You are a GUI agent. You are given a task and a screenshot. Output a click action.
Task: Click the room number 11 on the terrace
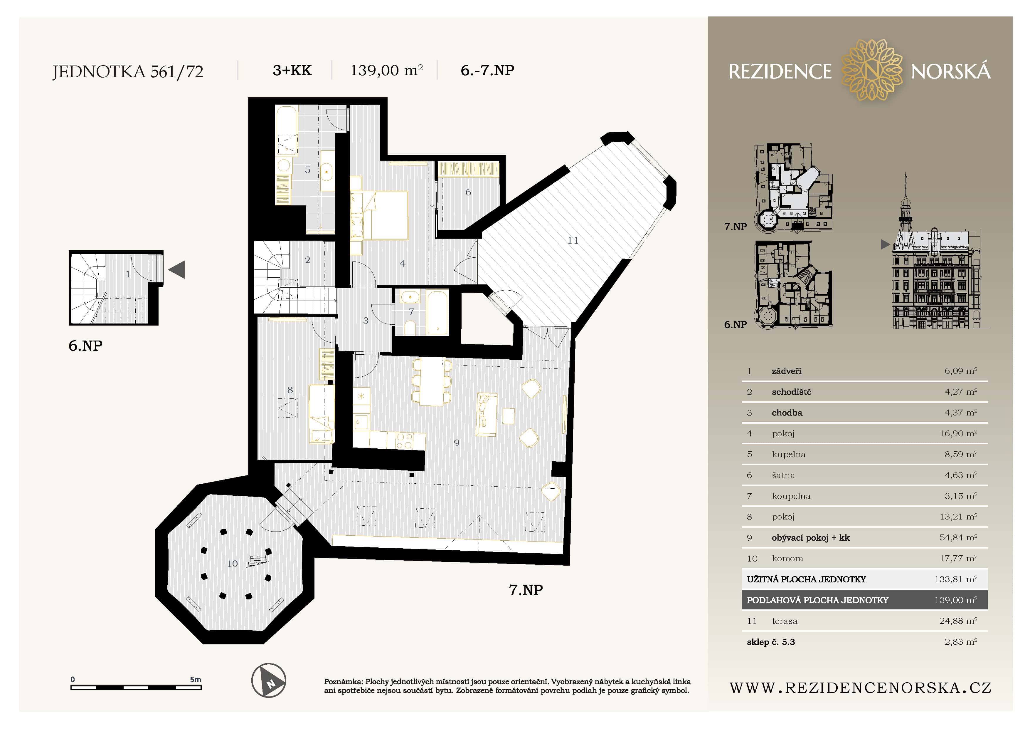pyautogui.click(x=573, y=241)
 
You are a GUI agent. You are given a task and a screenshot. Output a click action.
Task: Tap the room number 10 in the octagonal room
pyautogui.click(x=232, y=564)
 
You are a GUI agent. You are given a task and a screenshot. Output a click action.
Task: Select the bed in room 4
pyautogui.click(x=379, y=215)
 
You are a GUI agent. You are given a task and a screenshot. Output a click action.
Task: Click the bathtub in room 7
pyautogui.click(x=437, y=313)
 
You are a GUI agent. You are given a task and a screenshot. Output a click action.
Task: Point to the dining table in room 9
pyautogui.click(x=432, y=382)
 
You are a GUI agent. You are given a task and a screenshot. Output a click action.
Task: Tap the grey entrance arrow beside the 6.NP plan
pyautogui.click(x=177, y=270)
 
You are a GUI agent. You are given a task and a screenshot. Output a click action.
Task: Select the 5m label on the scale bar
pyautogui.click(x=195, y=679)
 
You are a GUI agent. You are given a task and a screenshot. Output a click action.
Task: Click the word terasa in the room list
pyautogui.click(x=785, y=621)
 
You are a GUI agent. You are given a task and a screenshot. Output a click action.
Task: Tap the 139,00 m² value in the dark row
pyautogui.click(x=955, y=600)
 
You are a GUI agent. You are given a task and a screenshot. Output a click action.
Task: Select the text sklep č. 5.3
pyautogui.click(x=771, y=642)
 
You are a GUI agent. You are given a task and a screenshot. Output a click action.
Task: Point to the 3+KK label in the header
pyautogui.click(x=292, y=71)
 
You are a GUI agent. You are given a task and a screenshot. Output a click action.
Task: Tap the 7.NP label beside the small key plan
pyautogui.click(x=735, y=227)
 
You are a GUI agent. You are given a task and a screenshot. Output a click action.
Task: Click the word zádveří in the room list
pyautogui.click(x=786, y=371)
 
